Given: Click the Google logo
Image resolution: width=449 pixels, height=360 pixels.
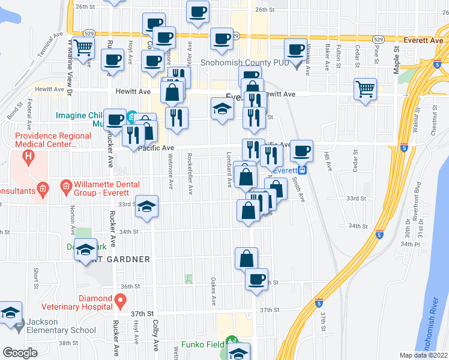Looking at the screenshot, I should point(19,353).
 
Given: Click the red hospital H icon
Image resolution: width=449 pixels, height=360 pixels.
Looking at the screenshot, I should point(26,159).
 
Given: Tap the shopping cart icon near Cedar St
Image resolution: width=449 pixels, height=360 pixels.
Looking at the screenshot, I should point(365,89).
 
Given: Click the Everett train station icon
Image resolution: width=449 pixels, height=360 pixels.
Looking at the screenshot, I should point(304,170).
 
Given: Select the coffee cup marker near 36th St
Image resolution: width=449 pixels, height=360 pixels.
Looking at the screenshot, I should point(257,280).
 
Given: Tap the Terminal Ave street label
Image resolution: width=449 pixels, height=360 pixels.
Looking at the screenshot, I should point(49,45).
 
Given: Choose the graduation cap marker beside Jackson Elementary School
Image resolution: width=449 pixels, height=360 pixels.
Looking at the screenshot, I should point(10,314).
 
